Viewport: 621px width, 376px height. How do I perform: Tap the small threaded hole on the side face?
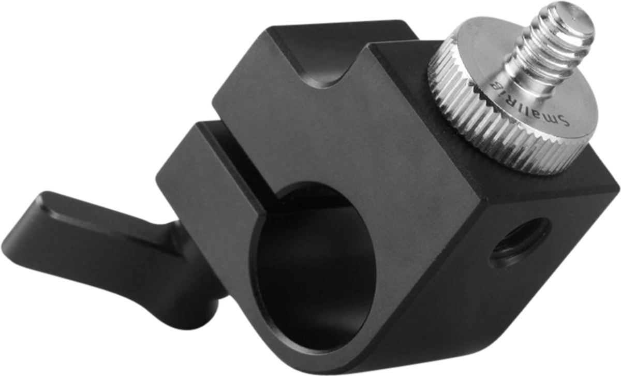[521, 243]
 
